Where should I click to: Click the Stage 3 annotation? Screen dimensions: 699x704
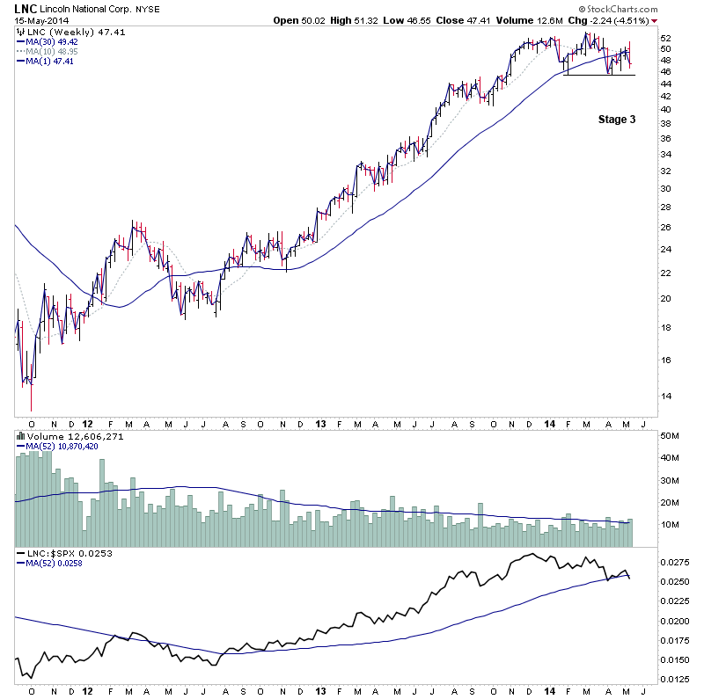click(x=615, y=119)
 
